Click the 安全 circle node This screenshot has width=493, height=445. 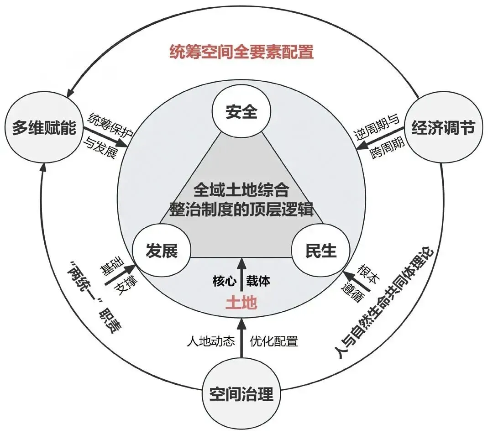pyautogui.click(x=241, y=112)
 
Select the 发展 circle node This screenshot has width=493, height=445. pyautogui.click(x=161, y=251)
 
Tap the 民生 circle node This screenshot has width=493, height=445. pyautogui.click(x=321, y=251)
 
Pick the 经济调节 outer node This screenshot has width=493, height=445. pyautogui.click(x=443, y=127)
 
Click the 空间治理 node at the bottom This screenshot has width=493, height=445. pyautogui.click(x=241, y=393)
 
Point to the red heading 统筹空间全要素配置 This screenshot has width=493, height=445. pyautogui.click(x=241, y=52)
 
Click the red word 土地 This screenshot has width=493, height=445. pyautogui.click(x=241, y=303)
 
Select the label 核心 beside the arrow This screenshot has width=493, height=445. pyautogui.click(x=224, y=281)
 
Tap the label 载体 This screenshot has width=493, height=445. pyautogui.click(x=258, y=281)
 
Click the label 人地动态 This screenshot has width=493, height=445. pyautogui.click(x=211, y=341)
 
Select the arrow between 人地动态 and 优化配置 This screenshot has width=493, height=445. pyautogui.click(x=241, y=340)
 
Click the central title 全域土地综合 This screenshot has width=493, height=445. pyautogui.click(x=241, y=189)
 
